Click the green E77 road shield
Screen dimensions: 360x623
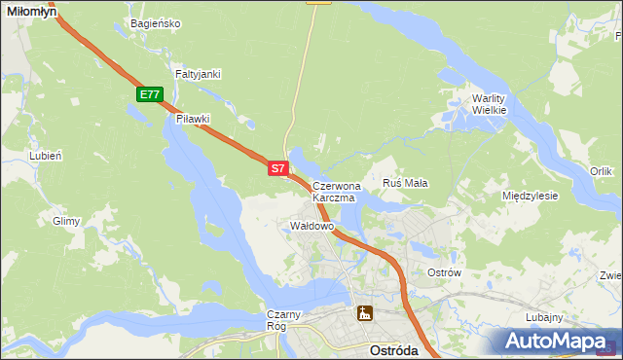149,94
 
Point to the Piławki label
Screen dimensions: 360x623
193,119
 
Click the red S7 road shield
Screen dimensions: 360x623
277,168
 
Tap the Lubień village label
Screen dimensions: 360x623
46,155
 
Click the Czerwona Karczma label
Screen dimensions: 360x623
336,191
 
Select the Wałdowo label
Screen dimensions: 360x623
312,226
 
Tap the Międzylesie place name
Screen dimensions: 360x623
530,196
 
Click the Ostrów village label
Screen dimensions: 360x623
444,272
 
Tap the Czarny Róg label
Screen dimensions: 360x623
286,320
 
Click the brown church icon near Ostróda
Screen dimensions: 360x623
365,313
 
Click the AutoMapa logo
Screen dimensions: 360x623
555,342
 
